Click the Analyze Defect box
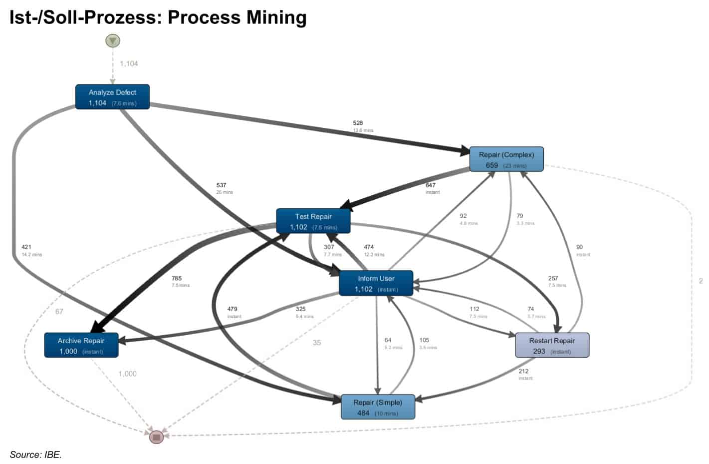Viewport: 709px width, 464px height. pos(112,97)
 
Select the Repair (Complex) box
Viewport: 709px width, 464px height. pos(506,159)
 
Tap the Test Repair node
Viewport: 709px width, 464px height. pos(313,221)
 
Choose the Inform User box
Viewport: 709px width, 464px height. pos(376,283)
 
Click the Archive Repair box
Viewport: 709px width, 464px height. pos(81,345)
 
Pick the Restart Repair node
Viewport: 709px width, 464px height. pos(552,345)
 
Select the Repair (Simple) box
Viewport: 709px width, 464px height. pos(377,407)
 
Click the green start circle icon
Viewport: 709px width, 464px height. pos(113,40)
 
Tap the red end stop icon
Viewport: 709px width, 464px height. pos(156,437)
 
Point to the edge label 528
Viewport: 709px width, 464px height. pos(358,123)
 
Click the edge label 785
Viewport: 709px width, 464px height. pos(177,278)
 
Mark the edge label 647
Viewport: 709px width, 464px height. pos(430,185)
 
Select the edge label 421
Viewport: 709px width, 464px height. pos(26,247)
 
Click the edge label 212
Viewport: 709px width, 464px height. pos(523,371)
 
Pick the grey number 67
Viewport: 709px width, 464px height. pos(59,312)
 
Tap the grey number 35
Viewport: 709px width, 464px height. pos(316,343)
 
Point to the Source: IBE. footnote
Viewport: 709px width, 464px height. pos(35,455)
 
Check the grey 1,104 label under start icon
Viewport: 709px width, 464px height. pos(129,64)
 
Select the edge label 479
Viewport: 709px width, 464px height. pos(232,309)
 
